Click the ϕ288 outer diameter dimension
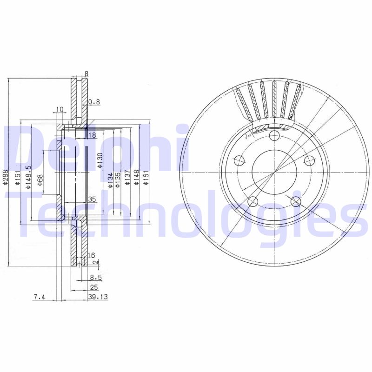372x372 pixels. tap(5, 176)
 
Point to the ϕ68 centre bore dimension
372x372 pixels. tap(40, 179)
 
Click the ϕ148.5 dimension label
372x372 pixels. tap(28, 177)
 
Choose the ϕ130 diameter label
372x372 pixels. tap(100, 159)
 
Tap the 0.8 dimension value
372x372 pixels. tap(93, 101)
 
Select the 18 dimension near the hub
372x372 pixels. tap(92, 135)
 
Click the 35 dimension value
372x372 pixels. tap(92, 199)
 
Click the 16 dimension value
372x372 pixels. tap(91, 255)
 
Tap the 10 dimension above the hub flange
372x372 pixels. tap(59, 110)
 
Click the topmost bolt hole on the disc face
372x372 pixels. tap(274, 135)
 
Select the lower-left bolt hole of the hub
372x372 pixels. tap(252, 201)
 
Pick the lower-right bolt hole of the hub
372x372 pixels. tap(295, 201)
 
